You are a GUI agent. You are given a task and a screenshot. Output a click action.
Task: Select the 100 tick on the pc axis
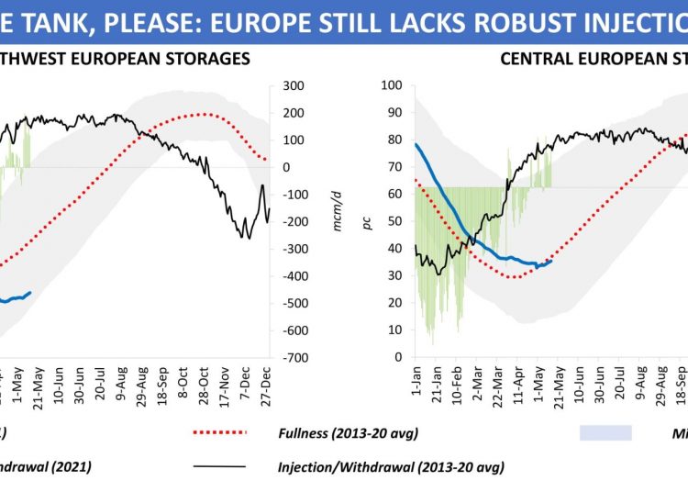coord(392,85)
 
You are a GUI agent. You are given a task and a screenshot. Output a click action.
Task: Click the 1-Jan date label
coord(413,378)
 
